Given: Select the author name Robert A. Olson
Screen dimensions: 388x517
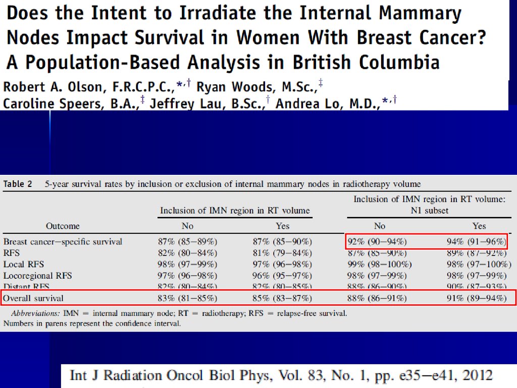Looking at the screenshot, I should pos(53,87).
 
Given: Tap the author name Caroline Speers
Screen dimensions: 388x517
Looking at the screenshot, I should pos(48,104).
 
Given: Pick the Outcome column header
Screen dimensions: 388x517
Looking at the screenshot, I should pos(63,226).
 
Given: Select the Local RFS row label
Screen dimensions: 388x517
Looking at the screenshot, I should pos(24,264).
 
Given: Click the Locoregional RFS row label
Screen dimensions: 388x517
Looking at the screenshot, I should pos(38,275).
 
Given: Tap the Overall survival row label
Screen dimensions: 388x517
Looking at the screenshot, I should pos(33,298).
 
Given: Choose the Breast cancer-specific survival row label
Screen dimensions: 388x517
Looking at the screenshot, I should pos(63,241).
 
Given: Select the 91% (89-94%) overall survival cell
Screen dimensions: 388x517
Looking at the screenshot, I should pos(477,298).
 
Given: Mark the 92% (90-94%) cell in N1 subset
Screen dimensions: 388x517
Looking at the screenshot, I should pos(377,241).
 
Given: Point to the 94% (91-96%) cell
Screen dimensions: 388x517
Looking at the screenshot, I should pos(477,241).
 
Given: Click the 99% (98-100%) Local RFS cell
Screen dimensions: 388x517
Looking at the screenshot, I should pos(379,264).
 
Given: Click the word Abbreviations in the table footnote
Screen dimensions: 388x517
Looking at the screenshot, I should pos(34,313).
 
